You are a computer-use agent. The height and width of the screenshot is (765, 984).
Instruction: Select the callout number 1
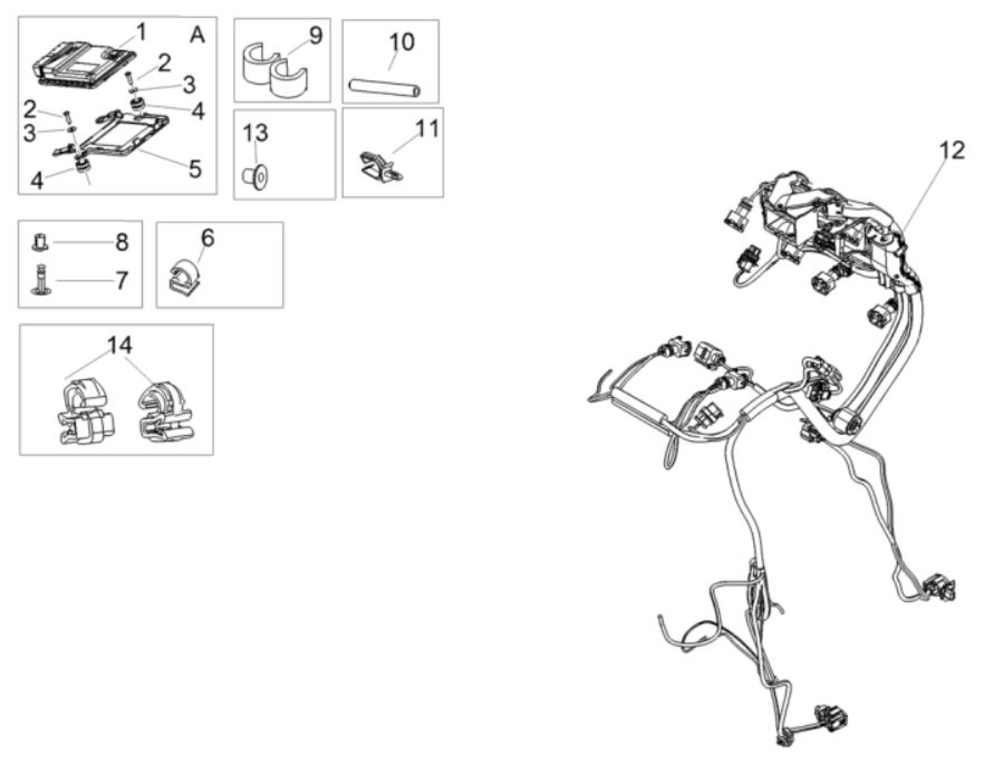click(x=141, y=32)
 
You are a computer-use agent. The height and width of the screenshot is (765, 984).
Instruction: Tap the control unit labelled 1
click(x=85, y=63)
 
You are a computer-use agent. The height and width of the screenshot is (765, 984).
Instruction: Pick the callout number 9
click(x=316, y=36)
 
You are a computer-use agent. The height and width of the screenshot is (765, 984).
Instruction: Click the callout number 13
click(x=256, y=133)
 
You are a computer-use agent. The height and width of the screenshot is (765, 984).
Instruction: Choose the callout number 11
click(x=427, y=129)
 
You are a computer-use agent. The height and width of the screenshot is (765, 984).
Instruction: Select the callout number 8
click(x=121, y=242)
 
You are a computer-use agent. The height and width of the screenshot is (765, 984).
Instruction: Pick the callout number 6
click(x=208, y=239)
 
